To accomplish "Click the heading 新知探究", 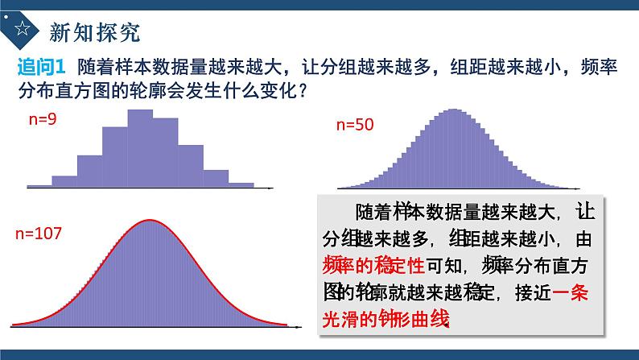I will click(x=95, y=31).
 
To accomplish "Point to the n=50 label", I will click(x=355, y=124).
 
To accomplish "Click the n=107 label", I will click(x=39, y=234).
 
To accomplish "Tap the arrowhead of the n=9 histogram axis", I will click(x=274, y=188).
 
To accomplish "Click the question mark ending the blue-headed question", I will click(x=301, y=91).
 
